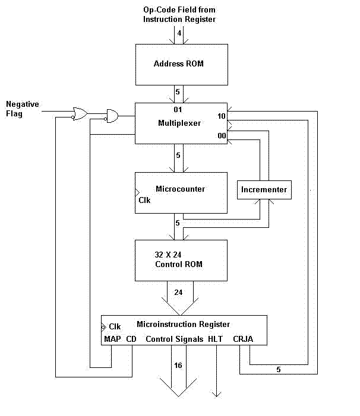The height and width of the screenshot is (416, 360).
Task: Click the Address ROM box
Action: [x=181, y=63]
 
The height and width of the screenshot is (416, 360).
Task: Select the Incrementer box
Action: [x=264, y=190]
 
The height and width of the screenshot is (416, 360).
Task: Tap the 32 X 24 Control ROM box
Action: [x=181, y=260]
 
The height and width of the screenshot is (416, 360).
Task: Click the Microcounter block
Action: [x=181, y=192]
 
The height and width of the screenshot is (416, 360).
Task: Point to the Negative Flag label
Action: [x=23, y=109]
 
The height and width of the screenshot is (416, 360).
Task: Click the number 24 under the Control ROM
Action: [x=179, y=293]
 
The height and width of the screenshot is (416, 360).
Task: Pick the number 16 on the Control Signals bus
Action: [x=178, y=365]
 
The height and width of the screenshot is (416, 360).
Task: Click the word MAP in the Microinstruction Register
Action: [x=112, y=339]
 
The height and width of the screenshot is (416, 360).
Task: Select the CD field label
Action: [x=131, y=339]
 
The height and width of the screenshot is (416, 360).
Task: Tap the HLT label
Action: [x=215, y=339]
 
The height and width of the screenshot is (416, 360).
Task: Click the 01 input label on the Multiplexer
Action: [x=178, y=110]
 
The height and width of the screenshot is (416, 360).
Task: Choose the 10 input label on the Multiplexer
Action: [x=221, y=116]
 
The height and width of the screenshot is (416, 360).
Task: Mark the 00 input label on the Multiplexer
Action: [x=221, y=136]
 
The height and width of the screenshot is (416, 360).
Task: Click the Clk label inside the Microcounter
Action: [x=145, y=200]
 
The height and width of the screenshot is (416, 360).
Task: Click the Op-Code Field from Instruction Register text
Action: [x=179, y=14]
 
